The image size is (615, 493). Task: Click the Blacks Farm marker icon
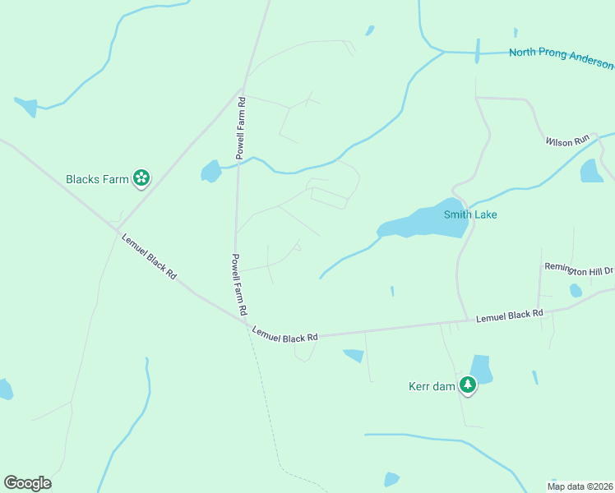point(141,178)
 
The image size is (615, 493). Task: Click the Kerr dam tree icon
point(468,385)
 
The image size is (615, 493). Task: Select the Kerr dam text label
point(432,386)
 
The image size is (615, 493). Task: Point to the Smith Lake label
point(470,215)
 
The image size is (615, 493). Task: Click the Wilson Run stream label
point(568,141)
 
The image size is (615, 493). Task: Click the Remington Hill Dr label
point(579,269)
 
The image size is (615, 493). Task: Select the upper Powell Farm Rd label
point(241,128)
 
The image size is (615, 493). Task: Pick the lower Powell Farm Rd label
point(239,285)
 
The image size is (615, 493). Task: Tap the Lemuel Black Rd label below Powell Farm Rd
point(284,334)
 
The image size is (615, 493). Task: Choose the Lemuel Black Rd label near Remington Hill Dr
point(510,315)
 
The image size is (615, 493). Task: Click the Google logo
point(27,483)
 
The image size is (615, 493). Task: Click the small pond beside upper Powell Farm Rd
point(210,171)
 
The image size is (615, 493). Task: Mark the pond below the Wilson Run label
point(591,170)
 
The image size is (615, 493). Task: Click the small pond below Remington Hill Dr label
point(576,290)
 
